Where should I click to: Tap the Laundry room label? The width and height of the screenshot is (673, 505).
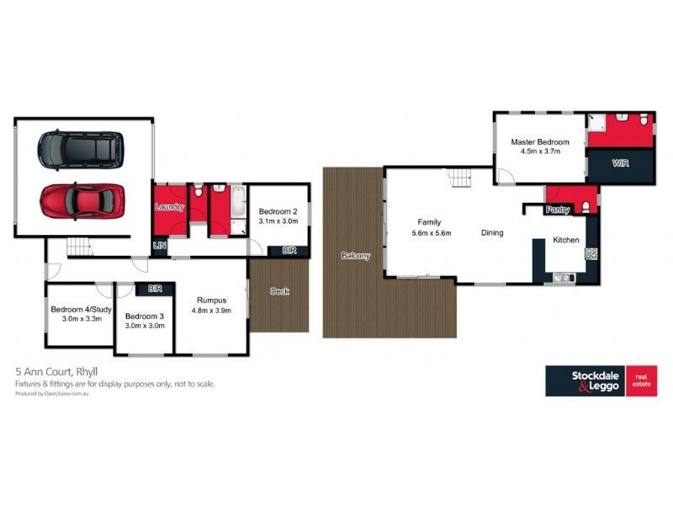(x=169, y=207)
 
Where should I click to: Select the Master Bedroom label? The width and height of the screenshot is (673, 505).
(x=540, y=142)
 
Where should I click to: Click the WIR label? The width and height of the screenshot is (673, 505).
(x=621, y=162)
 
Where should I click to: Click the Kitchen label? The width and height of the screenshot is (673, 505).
(x=565, y=241)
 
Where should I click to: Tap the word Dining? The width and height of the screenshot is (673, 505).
(x=492, y=233)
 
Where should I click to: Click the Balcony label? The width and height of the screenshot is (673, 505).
(x=355, y=255)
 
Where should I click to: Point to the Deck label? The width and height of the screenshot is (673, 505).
(x=279, y=291)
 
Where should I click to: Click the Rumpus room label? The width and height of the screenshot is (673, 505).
(x=213, y=300)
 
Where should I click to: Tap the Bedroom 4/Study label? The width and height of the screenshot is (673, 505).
(x=76, y=309)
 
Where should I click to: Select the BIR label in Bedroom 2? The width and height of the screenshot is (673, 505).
(x=289, y=250)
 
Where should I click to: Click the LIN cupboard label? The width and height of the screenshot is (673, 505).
(x=160, y=246)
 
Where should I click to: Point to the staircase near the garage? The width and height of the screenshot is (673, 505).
(x=78, y=247)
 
